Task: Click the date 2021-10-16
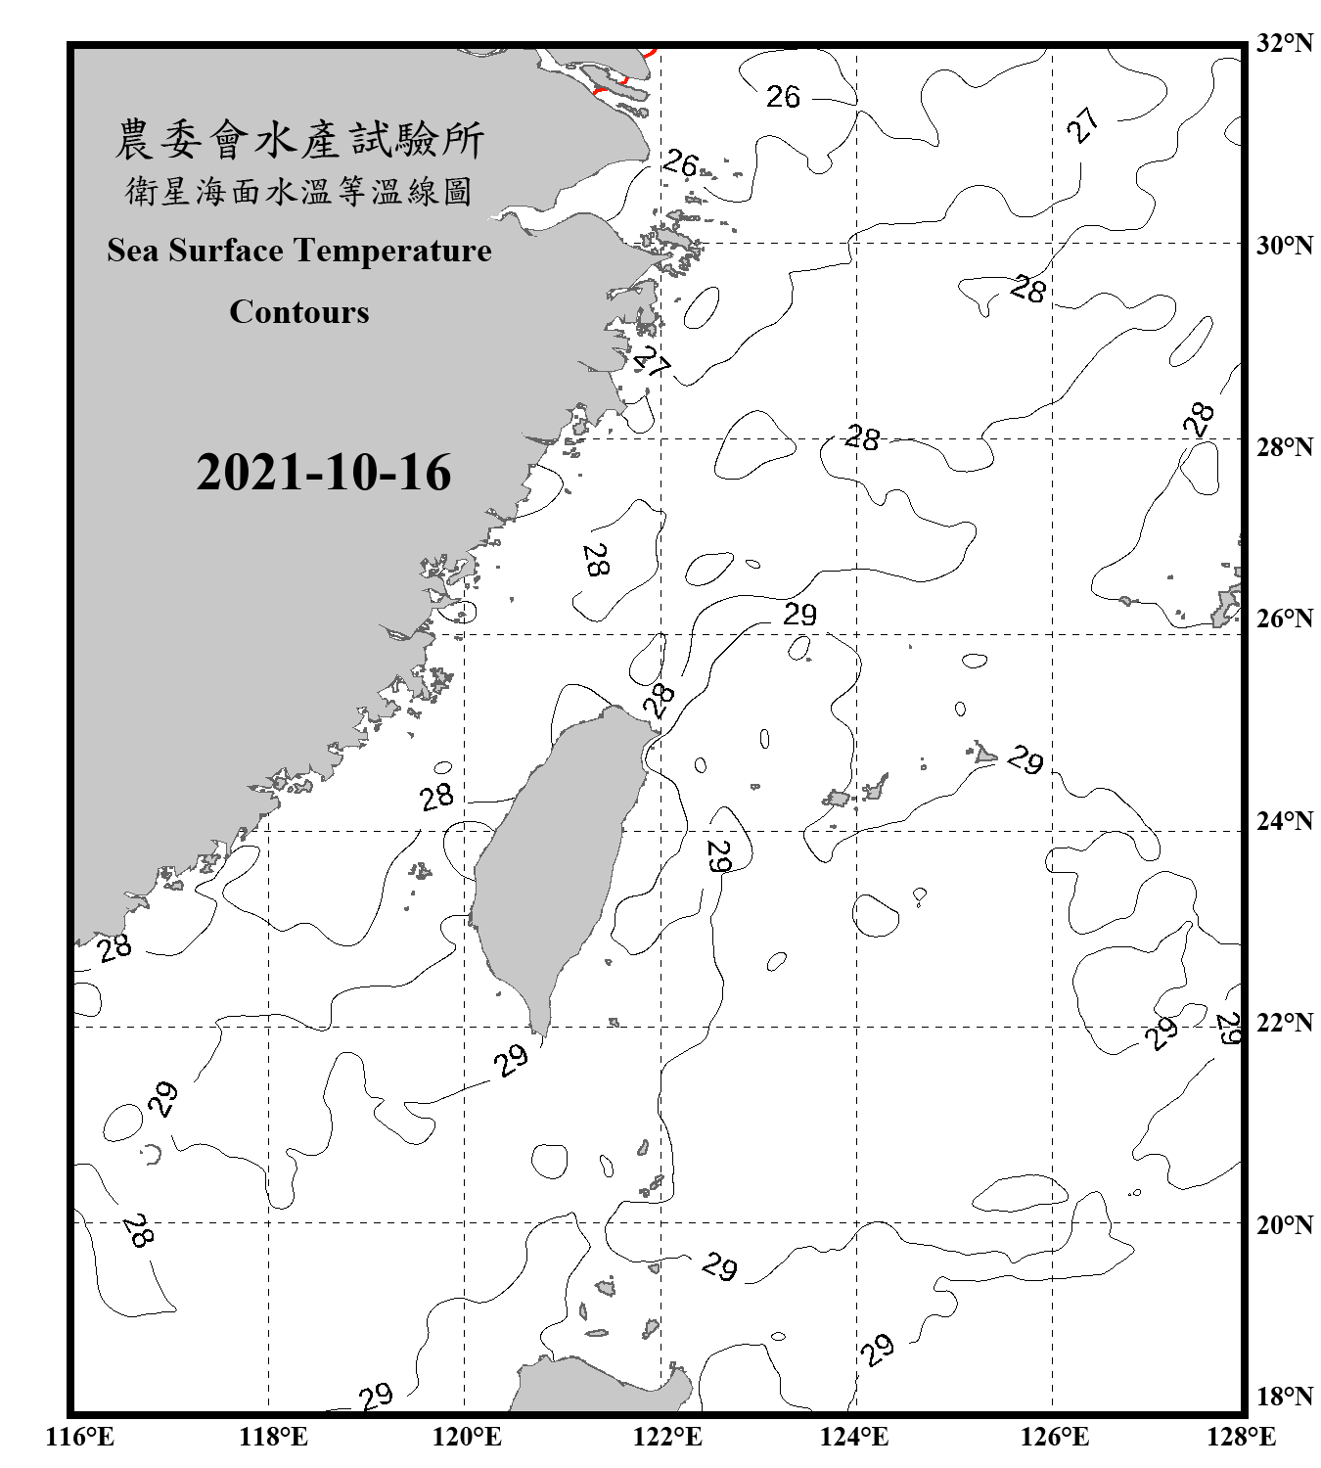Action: pos(323,473)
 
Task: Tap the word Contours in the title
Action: pos(298,311)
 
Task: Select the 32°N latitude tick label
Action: pos(1284,43)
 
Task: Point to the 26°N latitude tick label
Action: pos(1284,619)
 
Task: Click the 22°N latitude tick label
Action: pos(1284,1023)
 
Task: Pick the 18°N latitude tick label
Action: pos(1284,1397)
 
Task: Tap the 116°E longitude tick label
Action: pos(80,1437)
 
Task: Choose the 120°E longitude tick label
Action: pos(467,1437)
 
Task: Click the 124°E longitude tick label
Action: pos(854,1437)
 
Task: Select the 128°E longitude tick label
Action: pos(1241,1437)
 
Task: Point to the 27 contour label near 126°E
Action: pos(1082,125)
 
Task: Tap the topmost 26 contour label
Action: pos(783,97)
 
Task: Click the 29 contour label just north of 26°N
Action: pos(799,615)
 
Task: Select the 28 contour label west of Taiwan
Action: pos(436,797)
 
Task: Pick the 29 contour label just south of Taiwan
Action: pos(511,1060)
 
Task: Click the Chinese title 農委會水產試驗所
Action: pos(299,141)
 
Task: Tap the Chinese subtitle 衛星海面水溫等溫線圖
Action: pos(298,192)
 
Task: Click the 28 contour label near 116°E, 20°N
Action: pos(137,1231)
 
